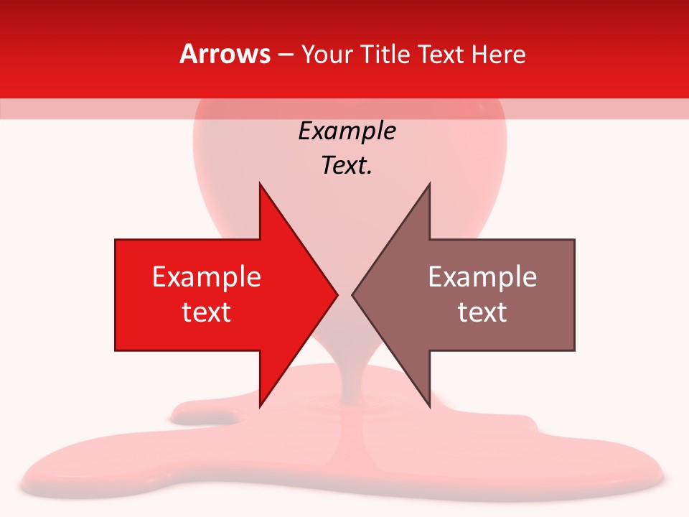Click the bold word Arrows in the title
(x=225, y=54)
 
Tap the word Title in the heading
(x=383, y=54)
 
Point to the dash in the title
(x=285, y=55)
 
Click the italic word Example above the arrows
(x=347, y=131)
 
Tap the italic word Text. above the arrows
(x=347, y=165)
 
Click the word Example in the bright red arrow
(x=207, y=276)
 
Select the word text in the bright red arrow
(x=207, y=312)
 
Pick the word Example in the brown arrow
(x=482, y=276)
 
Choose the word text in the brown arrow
(x=482, y=312)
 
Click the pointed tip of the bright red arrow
(x=336, y=294)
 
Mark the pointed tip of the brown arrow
(x=353, y=294)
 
